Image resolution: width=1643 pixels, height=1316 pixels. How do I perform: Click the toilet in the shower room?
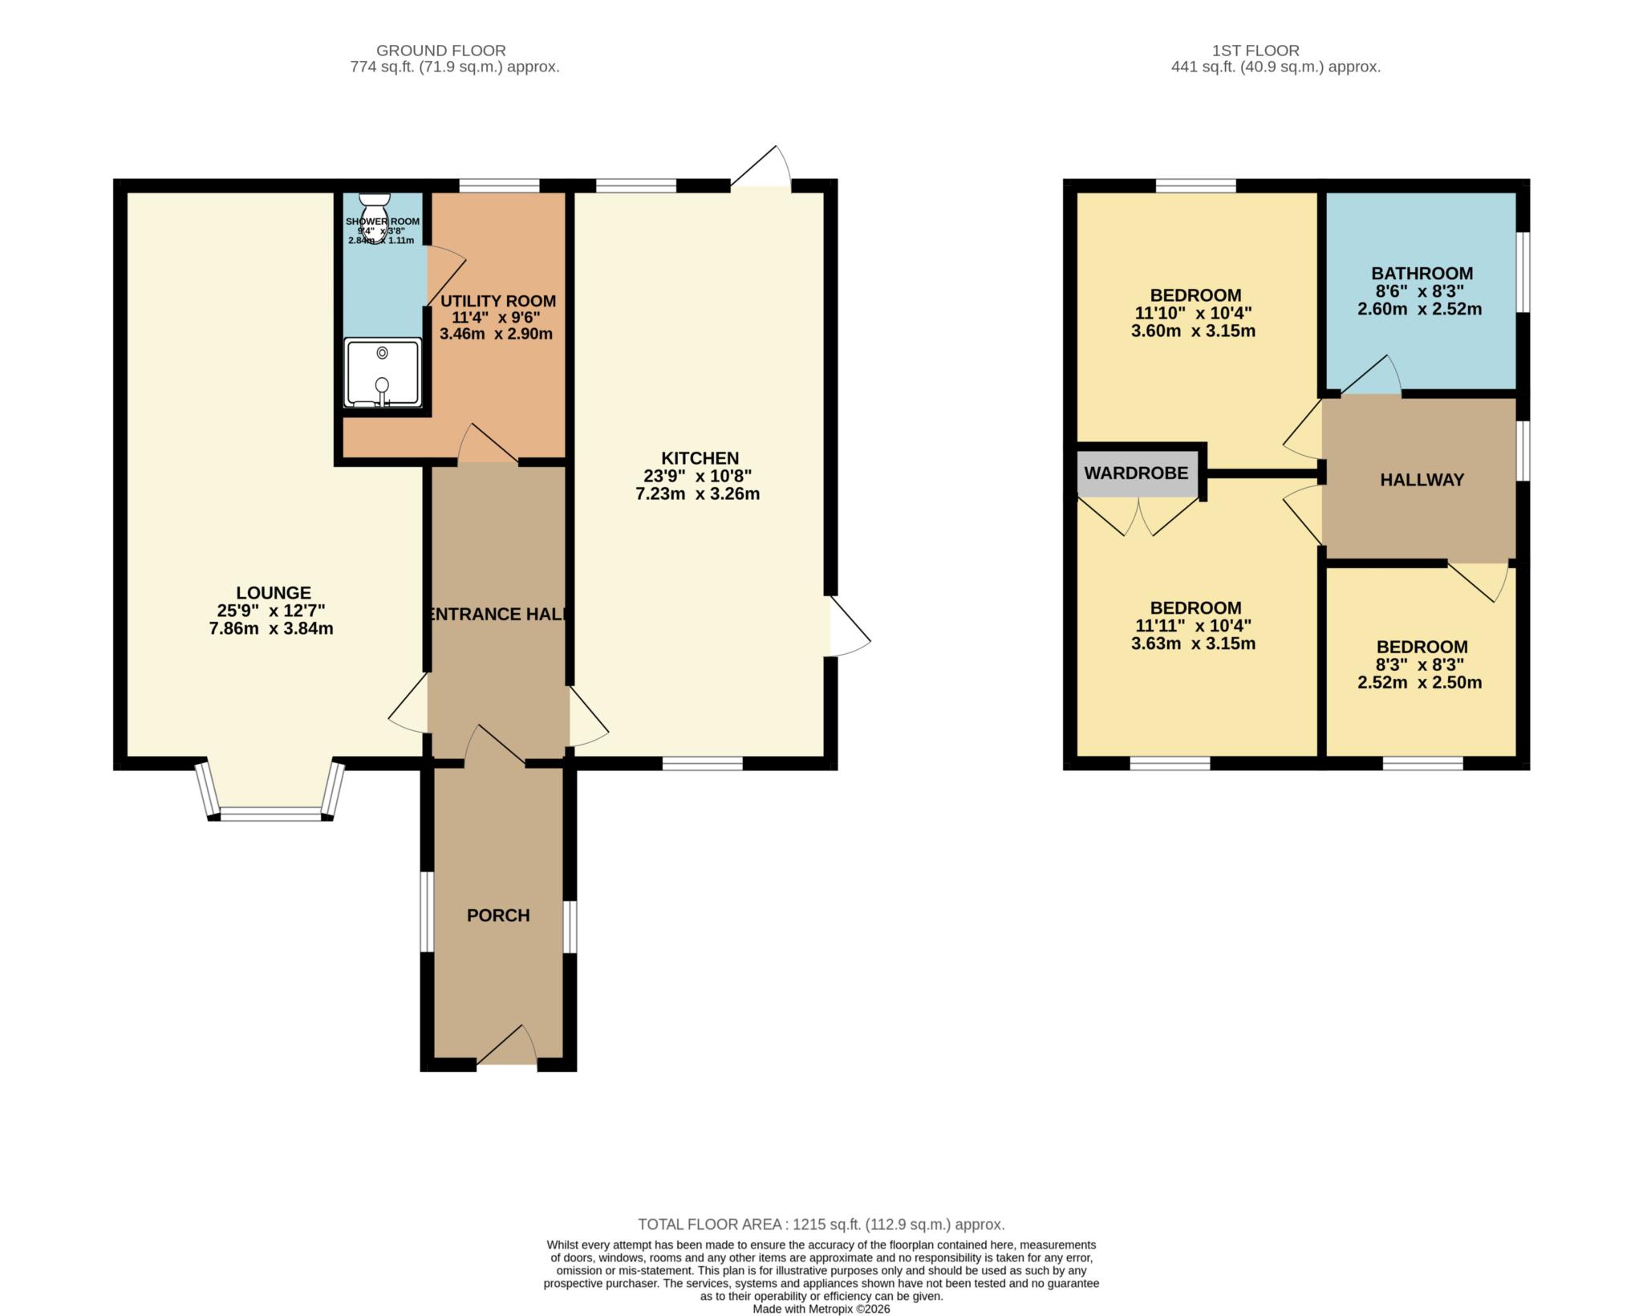374,209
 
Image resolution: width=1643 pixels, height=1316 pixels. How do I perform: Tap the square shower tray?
383,372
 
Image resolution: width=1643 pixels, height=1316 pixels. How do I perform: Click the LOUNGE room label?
274,593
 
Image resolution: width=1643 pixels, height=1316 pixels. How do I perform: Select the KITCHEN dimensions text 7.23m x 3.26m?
697,494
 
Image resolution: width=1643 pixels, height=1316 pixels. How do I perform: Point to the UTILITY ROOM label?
498,301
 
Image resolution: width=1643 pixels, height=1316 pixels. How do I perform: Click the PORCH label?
498,916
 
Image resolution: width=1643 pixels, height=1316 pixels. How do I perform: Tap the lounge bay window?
270,812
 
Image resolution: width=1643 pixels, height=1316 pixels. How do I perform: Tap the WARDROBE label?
1136,473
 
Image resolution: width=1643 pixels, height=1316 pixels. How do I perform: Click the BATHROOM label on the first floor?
1422,274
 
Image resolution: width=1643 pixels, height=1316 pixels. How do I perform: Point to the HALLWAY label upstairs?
1422,480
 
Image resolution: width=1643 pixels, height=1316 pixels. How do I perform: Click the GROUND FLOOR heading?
441,51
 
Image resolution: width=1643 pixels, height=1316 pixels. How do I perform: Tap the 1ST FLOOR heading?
1256,51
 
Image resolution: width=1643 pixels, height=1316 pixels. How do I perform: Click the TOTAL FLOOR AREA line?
821,1225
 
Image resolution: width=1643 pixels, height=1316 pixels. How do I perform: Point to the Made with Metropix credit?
821,1309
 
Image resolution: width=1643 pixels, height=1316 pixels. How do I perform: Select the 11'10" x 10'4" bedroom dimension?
1193,313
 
